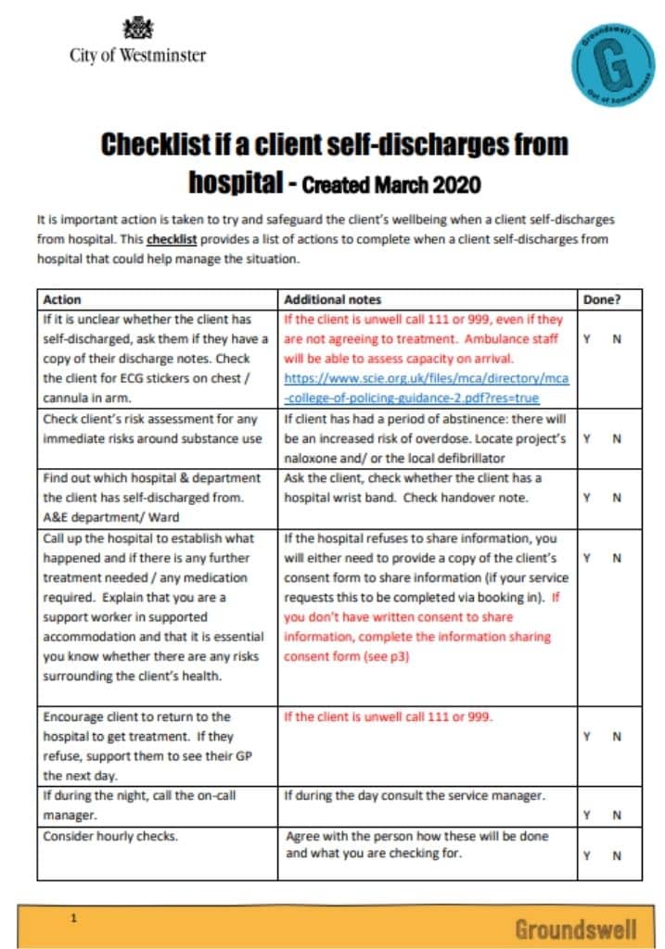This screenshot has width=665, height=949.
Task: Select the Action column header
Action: (62, 299)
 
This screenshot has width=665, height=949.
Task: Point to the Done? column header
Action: (601, 299)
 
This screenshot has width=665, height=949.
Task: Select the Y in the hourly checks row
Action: (586, 854)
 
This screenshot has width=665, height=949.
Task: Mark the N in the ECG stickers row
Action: (617, 339)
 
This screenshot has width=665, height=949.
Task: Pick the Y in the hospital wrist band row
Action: (586, 497)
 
